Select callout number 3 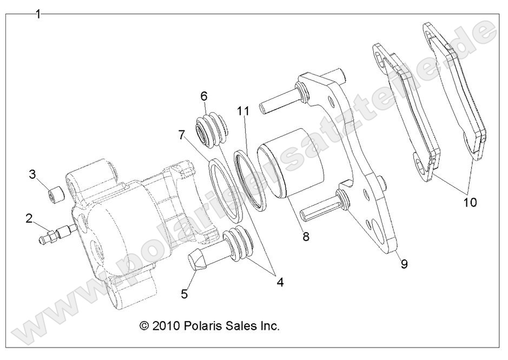(32, 174)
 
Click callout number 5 (184, 294)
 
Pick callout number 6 (204, 96)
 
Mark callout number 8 (306, 237)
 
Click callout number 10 (470, 202)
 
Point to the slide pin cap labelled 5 (197, 262)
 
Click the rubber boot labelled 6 (211, 130)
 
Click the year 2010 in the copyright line (164, 326)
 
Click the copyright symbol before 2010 (144, 326)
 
